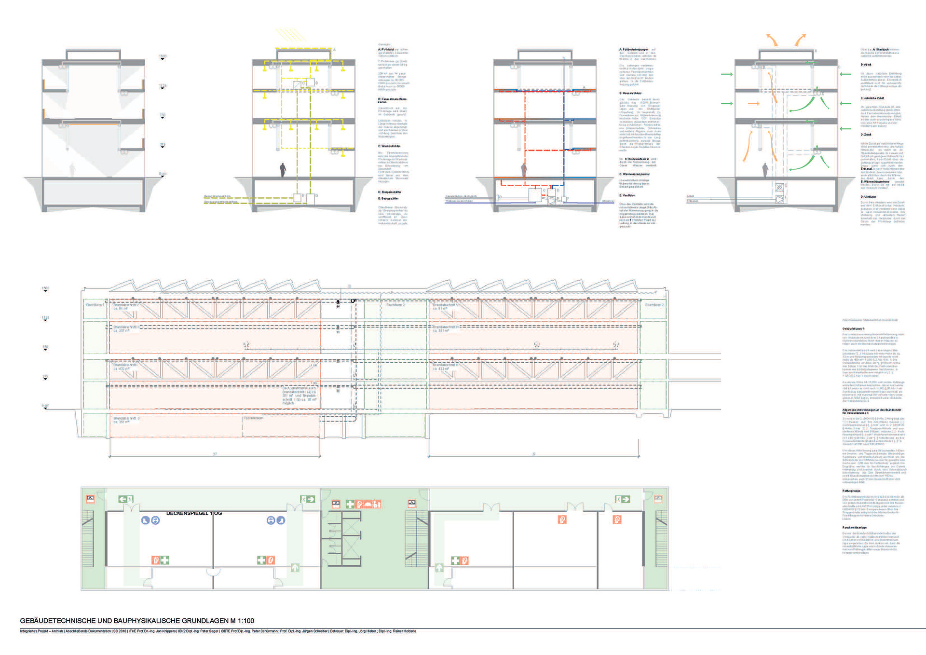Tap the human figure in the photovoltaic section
pos(283,170)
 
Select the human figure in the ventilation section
pos(765,170)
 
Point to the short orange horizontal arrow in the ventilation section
pos(753,103)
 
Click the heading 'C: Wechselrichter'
pos(389,146)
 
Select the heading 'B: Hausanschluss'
pos(630,93)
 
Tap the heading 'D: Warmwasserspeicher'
pos(634,174)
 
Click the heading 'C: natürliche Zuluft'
pos(872,98)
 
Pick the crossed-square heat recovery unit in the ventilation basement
pos(779,187)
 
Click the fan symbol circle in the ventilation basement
pos(779,198)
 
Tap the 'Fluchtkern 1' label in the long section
pos(95,305)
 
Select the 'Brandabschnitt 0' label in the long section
pos(126,418)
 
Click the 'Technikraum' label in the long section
pos(254,418)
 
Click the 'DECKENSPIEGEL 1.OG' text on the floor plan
pos(194,513)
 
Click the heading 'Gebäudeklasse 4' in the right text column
pos(853,328)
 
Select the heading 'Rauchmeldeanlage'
pos(854,528)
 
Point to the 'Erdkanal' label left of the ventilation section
pos(692,201)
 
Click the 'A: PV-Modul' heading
pos(386,50)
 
